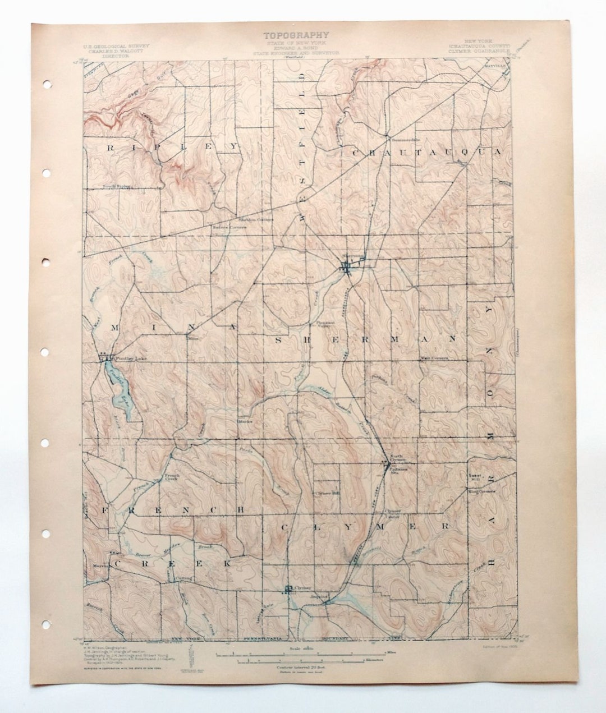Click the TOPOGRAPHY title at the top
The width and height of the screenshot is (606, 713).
[x=296, y=35]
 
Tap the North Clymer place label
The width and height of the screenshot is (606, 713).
[x=396, y=457]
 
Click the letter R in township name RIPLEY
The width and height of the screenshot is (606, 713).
[x=110, y=147]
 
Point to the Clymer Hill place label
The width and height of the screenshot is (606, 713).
[x=328, y=494]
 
